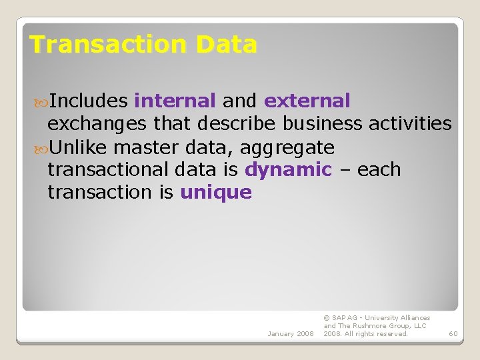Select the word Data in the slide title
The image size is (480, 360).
[x=226, y=45]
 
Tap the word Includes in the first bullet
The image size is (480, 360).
[x=89, y=101]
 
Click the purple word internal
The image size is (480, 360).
[x=175, y=101]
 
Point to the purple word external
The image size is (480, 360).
[x=307, y=101]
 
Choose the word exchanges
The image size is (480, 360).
[x=97, y=124]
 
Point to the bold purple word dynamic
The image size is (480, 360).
[x=288, y=170]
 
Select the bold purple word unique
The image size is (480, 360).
[x=216, y=193]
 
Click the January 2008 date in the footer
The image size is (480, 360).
[x=290, y=333]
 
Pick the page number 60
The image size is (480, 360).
[x=453, y=333]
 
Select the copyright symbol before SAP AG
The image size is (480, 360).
[x=326, y=318]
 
